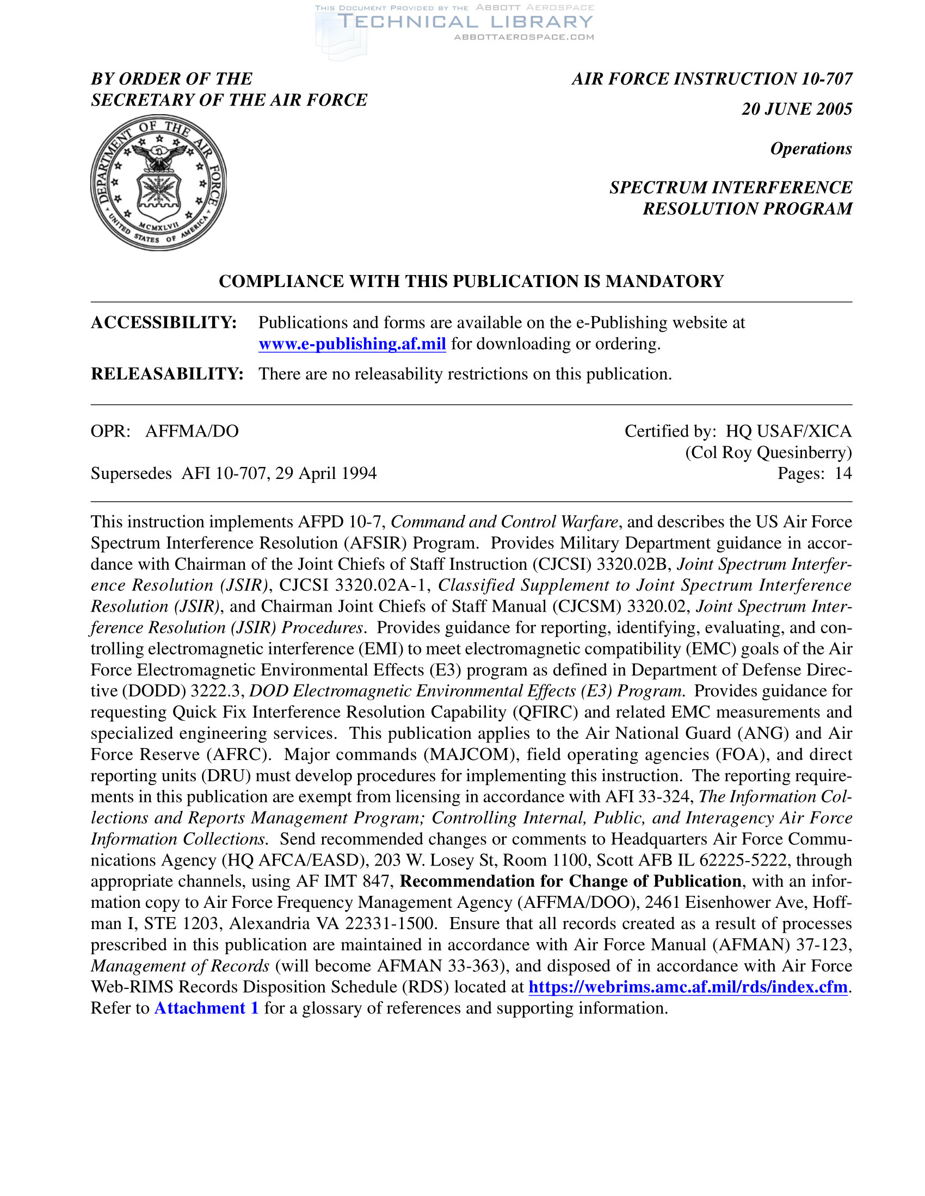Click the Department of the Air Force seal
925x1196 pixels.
158,182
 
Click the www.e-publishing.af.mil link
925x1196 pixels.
352,344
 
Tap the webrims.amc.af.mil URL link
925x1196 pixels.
688,987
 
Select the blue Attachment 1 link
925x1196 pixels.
206,1008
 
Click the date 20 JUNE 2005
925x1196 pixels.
797,109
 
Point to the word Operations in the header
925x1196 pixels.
811,148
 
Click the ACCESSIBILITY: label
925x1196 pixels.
164,322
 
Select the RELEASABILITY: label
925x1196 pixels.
167,374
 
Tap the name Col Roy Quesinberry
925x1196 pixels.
768,452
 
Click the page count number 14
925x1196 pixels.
843,474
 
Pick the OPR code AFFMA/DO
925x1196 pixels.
192,432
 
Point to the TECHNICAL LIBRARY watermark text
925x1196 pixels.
465,22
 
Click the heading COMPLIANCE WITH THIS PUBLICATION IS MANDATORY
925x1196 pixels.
471,282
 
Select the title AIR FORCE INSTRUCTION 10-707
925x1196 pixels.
712,79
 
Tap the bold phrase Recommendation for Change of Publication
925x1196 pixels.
570,881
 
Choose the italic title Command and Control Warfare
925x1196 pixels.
504,522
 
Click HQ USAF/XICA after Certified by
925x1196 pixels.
788,432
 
